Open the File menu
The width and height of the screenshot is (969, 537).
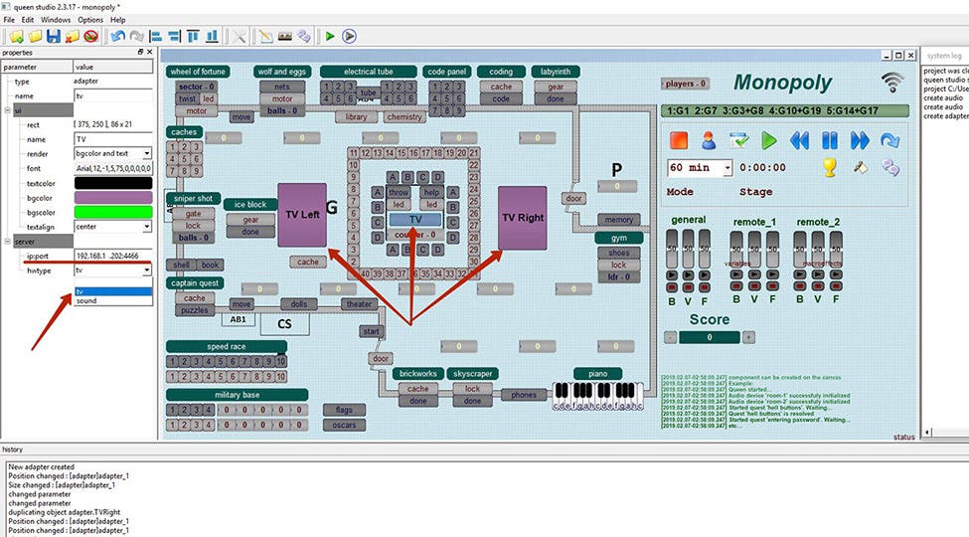click(x=9, y=19)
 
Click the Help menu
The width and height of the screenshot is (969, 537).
click(x=117, y=19)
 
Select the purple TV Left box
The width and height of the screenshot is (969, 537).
click(x=301, y=214)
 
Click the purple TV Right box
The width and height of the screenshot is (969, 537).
click(x=522, y=216)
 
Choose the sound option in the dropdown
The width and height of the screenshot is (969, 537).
click(x=87, y=300)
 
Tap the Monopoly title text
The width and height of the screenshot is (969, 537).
click(x=782, y=83)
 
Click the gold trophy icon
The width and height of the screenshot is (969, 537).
click(x=830, y=167)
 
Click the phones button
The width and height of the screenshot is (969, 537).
click(x=523, y=395)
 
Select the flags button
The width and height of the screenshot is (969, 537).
click(x=344, y=409)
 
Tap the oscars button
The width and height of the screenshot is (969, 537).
click(x=344, y=425)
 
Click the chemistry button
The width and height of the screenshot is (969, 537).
click(x=404, y=116)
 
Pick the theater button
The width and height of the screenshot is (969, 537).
click(x=358, y=304)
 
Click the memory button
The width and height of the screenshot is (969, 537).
click(x=618, y=220)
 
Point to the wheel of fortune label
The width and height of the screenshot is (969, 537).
click(x=198, y=72)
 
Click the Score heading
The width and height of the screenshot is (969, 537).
click(x=710, y=319)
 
